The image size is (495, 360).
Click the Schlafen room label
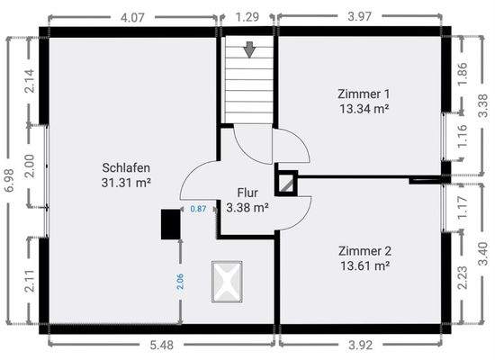click(126, 167)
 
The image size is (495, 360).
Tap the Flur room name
click(247, 193)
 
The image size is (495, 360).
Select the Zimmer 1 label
click(364, 94)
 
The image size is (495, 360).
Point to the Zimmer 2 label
click(364, 251)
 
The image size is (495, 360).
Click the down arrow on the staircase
click(249, 49)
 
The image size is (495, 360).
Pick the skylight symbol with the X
click(227, 282)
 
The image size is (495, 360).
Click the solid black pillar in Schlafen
click(170, 224)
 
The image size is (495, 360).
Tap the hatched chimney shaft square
click(285, 184)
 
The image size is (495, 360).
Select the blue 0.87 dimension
click(198, 209)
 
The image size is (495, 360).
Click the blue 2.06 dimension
click(180, 282)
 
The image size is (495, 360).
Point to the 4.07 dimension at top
click(132, 17)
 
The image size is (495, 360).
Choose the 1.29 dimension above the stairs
click(247, 17)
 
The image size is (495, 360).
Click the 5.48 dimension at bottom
click(161, 346)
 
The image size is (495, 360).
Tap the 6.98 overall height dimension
click(10, 180)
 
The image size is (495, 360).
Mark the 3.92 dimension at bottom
click(360, 346)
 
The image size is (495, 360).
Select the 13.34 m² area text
click(364, 109)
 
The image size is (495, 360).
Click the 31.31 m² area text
click(126, 183)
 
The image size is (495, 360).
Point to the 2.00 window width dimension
click(30, 166)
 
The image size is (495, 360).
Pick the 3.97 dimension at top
click(360, 16)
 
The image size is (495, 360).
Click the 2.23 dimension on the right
click(463, 277)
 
